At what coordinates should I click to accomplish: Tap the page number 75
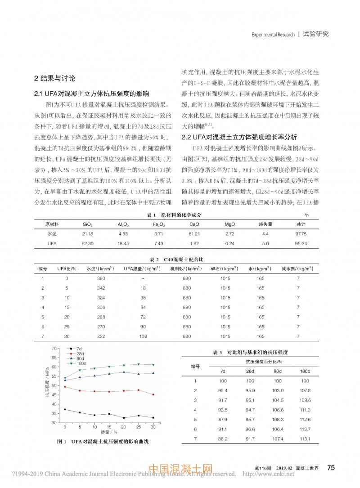(331, 468)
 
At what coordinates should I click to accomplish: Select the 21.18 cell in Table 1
(88, 234)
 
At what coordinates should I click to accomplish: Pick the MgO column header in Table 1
(229, 224)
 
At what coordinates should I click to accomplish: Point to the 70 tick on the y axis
(55, 348)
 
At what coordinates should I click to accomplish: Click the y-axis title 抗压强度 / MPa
(47, 385)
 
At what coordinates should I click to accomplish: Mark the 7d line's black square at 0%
(65, 409)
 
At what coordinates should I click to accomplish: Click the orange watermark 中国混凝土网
(180, 470)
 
